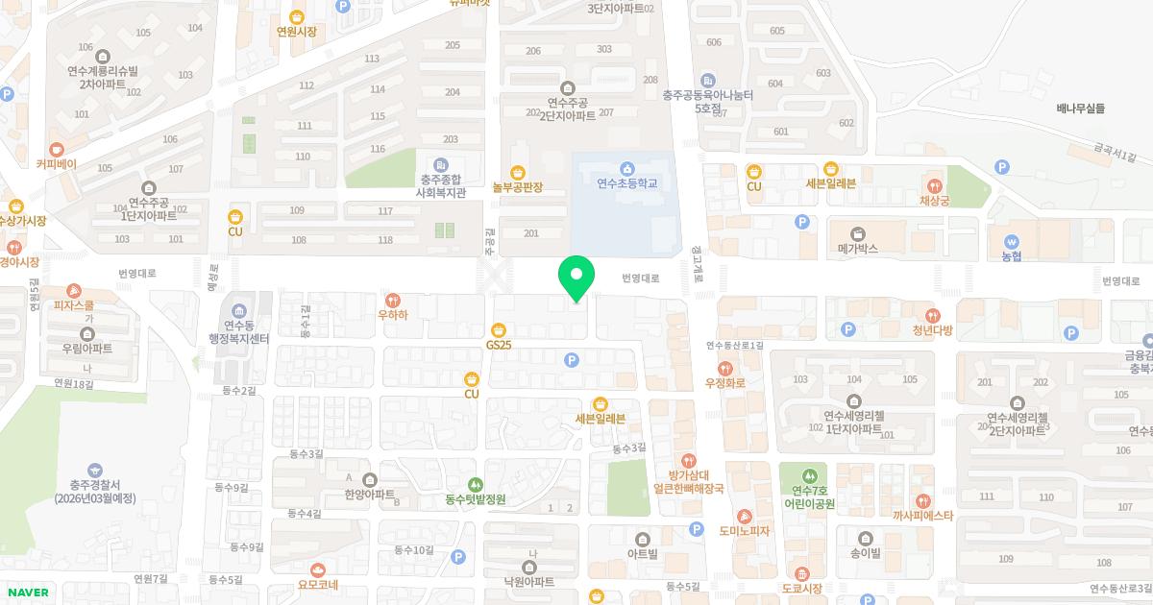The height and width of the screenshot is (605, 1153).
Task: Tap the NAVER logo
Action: pos(27,592)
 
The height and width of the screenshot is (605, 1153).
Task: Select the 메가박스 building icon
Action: pos(858,233)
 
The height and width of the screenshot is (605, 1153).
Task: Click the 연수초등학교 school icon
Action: pos(626,169)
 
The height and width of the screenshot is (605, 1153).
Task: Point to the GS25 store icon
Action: pos(498,329)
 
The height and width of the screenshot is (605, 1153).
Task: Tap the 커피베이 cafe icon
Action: pos(56,149)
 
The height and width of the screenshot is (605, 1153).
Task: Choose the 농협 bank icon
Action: pos(1011,241)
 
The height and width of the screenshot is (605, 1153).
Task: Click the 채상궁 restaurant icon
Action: pos(934,185)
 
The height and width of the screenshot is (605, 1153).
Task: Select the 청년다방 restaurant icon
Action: pos(932,316)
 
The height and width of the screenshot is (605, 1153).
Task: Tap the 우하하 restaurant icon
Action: pos(392,300)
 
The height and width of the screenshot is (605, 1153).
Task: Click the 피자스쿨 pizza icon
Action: pos(74,291)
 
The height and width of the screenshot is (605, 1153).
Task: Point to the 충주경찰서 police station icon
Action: pos(94,470)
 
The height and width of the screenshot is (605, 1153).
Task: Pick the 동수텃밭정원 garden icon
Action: pos(475,485)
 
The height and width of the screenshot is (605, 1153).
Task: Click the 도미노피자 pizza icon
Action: pos(745,517)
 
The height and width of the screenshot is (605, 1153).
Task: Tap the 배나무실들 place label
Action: pos(1079,109)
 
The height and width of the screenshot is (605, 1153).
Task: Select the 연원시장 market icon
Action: pos(296,16)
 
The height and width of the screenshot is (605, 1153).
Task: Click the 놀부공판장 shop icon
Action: pos(518,173)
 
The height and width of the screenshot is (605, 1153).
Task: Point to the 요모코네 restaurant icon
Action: pos(318,570)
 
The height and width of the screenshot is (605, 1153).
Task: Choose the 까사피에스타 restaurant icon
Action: pos(922,501)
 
